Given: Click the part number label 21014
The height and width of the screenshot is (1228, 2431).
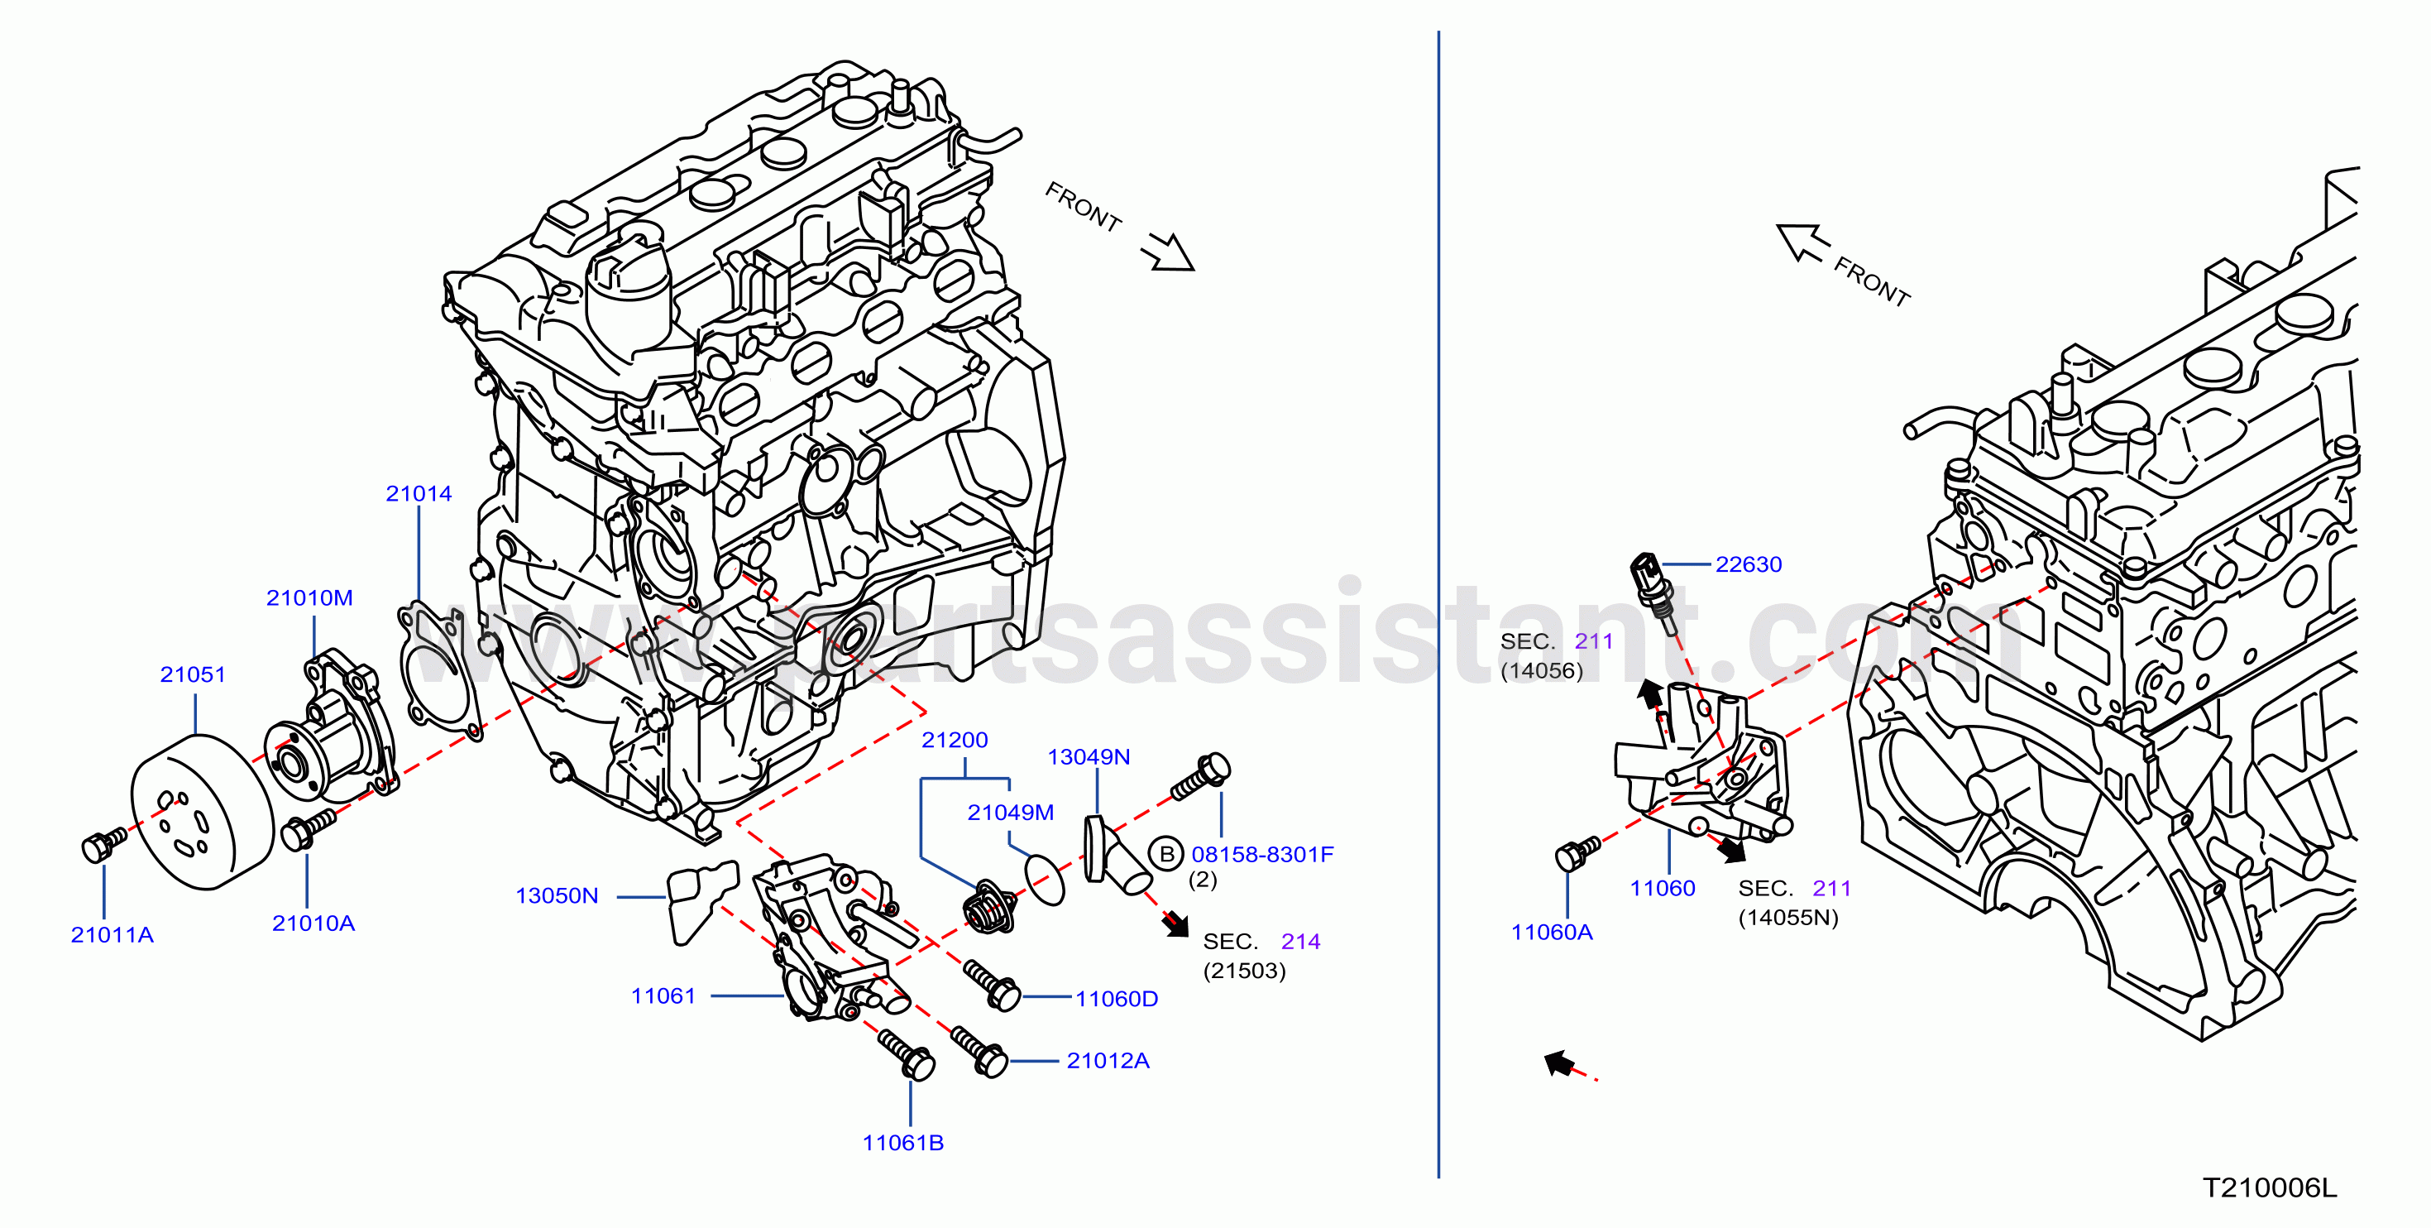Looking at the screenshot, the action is (x=419, y=494).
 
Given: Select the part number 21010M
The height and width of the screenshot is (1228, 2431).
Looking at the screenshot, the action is (x=309, y=597).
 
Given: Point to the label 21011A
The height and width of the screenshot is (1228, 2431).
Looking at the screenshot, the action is (x=112, y=934).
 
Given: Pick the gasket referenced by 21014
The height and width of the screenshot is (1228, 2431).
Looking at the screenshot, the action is (x=440, y=670).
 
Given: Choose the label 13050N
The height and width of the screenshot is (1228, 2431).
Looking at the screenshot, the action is (x=557, y=895).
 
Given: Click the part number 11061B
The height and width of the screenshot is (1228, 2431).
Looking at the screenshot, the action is (x=903, y=1142).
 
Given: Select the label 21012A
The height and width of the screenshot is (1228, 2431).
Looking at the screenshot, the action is (x=1108, y=1060).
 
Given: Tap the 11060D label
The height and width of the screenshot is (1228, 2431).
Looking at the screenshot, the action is (x=1117, y=999).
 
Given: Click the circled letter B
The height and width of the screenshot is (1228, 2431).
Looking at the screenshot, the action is (x=1166, y=853).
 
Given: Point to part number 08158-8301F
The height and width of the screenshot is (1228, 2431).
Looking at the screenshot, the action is (x=1263, y=854).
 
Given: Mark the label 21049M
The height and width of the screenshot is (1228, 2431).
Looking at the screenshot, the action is (x=1011, y=812).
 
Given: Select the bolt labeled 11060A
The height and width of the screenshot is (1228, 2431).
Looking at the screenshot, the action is (x=1576, y=853).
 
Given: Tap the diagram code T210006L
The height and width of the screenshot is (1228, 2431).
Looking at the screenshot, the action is (x=2271, y=1187).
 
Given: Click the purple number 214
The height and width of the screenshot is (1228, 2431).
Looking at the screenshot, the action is (x=1300, y=941).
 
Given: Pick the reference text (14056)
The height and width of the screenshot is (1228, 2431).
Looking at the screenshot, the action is (x=1542, y=670).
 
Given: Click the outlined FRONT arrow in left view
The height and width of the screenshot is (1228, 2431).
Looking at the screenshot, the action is (x=1167, y=251).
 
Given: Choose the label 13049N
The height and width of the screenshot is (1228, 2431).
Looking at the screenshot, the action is (x=1089, y=756).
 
